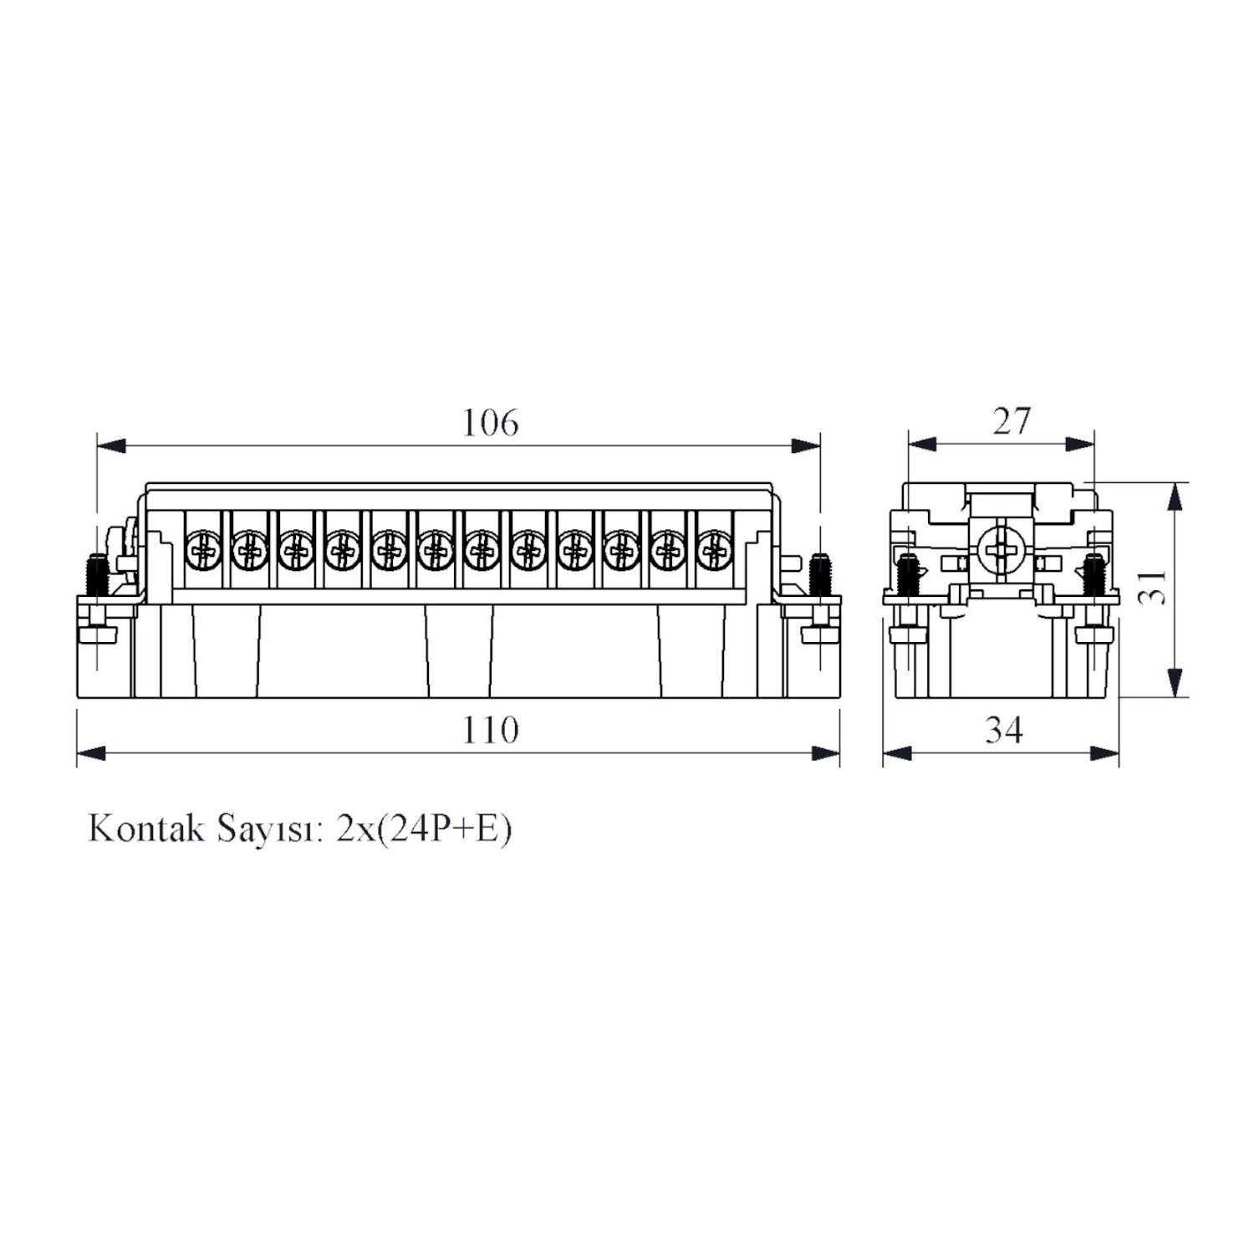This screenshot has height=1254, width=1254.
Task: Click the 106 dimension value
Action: click(x=491, y=423)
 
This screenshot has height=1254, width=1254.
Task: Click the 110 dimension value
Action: click(x=491, y=731)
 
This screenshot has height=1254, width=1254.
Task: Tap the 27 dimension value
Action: click(x=1012, y=421)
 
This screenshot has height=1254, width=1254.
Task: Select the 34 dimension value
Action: click(x=1003, y=731)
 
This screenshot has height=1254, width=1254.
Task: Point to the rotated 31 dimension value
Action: click(x=1153, y=587)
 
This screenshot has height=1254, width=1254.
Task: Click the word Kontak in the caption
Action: click(x=146, y=828)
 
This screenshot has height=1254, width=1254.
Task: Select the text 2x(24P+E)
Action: click(x=424, y=829)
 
